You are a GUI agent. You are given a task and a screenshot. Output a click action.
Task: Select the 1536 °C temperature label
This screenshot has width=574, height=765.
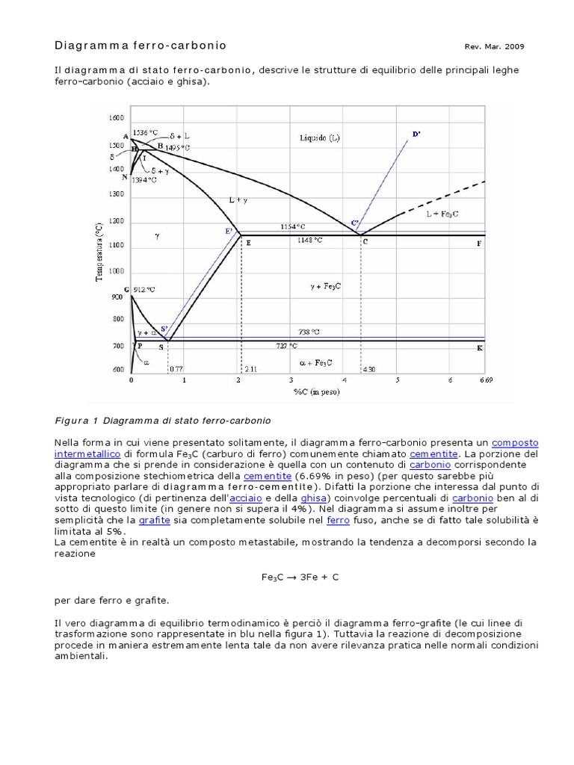tap(145, 133)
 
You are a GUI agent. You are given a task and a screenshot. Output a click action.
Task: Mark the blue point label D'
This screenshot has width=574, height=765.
tap(416, 134)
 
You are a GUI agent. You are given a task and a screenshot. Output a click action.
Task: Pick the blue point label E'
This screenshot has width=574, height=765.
tap(229, 231)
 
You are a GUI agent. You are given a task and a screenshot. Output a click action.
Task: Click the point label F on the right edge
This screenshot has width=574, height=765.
tap(479, 244)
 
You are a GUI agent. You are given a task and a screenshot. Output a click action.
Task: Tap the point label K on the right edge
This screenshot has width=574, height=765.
tap(479, 348)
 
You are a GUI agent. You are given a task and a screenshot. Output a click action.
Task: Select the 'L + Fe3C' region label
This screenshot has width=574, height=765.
tap(442, 214)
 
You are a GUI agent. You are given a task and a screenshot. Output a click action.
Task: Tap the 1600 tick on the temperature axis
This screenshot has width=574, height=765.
tap(116, 118)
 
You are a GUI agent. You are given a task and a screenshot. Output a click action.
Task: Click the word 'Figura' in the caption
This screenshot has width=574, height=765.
tap(71, 421)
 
